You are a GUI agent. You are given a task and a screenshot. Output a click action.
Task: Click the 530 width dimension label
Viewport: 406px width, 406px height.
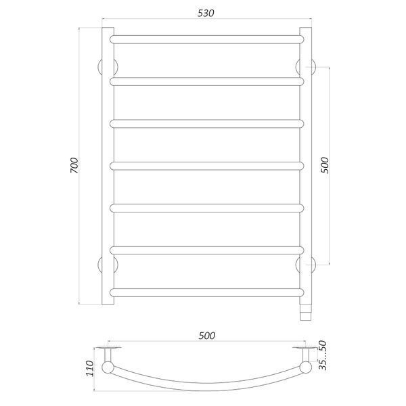coord(206,14)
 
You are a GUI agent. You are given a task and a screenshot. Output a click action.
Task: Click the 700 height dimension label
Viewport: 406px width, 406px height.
coord(74,165)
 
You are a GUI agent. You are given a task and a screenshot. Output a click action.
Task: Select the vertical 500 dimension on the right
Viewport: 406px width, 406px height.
coord(324,165)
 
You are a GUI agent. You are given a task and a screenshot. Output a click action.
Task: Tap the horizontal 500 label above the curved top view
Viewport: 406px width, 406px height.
coord(207,336)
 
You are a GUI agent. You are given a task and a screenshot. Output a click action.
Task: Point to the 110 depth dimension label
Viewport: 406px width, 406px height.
coord(89,369)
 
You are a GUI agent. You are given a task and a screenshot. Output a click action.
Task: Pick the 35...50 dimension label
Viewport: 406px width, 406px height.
coord(323,355)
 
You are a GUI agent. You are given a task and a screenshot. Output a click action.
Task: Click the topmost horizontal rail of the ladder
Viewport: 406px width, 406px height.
coord(206,39)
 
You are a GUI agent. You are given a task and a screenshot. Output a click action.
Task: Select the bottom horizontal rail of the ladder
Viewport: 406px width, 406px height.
coord(206,292)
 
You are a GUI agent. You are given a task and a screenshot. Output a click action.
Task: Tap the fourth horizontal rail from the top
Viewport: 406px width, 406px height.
coord(206,166)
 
